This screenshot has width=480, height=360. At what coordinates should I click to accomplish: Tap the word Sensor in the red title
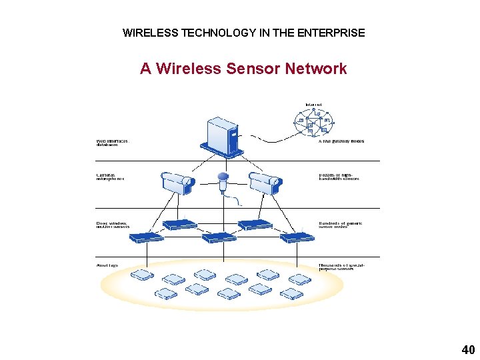253,69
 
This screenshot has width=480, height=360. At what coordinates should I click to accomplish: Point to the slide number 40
467,349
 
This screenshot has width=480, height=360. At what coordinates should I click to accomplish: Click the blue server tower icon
224,137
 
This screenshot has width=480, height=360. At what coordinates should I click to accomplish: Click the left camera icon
177,181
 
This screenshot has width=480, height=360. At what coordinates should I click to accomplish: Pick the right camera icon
263,181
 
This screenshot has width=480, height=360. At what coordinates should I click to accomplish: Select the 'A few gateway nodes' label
341,141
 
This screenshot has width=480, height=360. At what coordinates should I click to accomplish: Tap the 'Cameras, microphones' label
111,179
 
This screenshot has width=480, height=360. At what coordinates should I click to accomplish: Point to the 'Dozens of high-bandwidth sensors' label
339,177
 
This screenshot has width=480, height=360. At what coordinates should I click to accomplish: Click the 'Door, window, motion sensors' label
112,225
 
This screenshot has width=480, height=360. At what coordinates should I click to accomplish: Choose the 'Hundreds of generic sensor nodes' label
341,225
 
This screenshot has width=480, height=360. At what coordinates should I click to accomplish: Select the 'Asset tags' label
107,265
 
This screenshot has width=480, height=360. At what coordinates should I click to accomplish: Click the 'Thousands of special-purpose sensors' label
342,267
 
